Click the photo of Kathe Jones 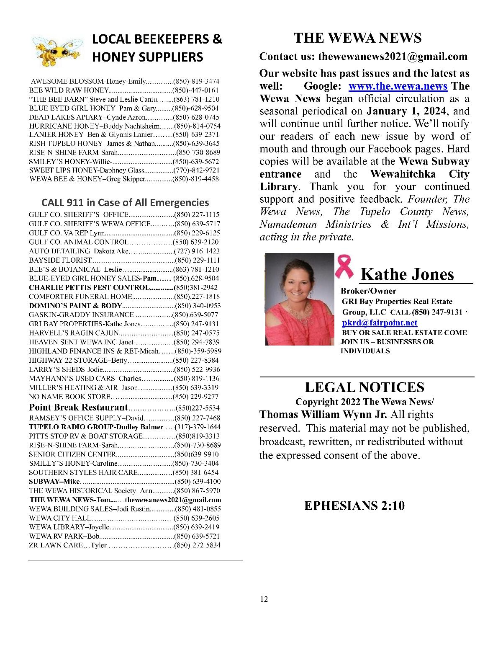300,299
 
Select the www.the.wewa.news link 398,86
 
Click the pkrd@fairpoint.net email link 380,322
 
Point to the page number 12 264,599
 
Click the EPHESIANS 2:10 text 354,506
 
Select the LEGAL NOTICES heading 365,387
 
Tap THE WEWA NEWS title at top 357,38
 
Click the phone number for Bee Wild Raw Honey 196,90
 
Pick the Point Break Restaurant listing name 78,408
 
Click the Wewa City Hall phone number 197,518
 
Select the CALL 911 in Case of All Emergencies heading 125,203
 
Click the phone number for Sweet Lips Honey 196,170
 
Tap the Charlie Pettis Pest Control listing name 89,288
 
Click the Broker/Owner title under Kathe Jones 368,291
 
